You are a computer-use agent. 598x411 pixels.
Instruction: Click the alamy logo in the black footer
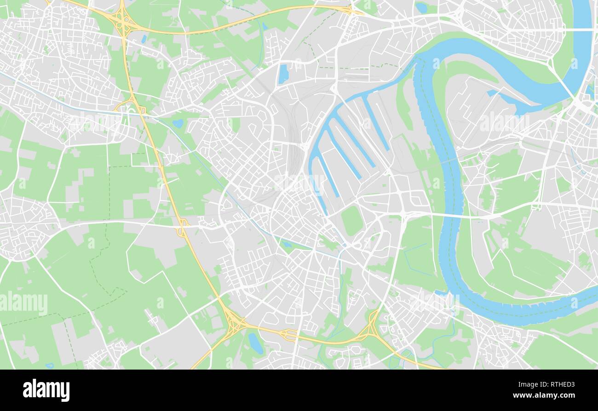(46, 390)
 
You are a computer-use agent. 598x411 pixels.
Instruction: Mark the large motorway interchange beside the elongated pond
(235, 322)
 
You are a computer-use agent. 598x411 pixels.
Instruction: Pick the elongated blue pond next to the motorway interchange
(255, 343)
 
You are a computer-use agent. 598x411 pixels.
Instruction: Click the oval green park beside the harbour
(352, 220)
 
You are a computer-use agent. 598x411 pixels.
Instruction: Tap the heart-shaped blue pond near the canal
(178, 123)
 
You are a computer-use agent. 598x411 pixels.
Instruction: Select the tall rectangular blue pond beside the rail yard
(283, 74)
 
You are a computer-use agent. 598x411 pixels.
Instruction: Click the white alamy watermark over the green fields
(24, 303)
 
